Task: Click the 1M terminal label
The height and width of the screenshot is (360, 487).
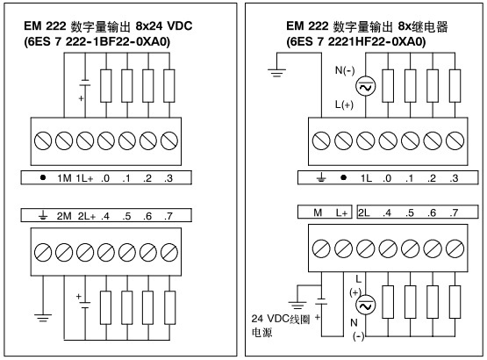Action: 64,178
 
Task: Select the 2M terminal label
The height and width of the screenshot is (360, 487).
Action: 64,216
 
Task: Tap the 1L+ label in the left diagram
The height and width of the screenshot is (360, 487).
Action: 84,178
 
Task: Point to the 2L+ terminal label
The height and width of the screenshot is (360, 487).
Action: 87,216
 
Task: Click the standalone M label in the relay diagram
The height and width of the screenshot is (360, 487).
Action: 318,212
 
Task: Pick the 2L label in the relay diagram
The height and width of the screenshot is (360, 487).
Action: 363,212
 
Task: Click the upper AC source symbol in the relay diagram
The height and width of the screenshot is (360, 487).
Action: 365,86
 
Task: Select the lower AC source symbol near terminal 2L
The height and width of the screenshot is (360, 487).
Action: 365,305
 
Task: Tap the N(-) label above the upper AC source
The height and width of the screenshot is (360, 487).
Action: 345,70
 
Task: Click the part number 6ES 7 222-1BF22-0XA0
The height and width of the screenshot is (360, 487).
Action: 97,41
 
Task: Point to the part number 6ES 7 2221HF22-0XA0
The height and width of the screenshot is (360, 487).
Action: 356,41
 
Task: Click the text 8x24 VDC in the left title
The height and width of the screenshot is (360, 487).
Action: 164,25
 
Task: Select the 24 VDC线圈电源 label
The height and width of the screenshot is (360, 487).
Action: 281,326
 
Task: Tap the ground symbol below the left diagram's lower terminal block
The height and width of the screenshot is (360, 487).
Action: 43,318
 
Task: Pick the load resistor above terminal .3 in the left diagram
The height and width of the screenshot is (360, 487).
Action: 169,86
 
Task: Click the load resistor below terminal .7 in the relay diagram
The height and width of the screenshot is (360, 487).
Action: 455,302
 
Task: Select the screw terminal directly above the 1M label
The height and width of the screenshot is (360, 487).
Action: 64,140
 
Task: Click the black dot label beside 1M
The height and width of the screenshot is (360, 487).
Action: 43,177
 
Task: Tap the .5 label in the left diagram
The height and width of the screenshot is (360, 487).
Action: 126,216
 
